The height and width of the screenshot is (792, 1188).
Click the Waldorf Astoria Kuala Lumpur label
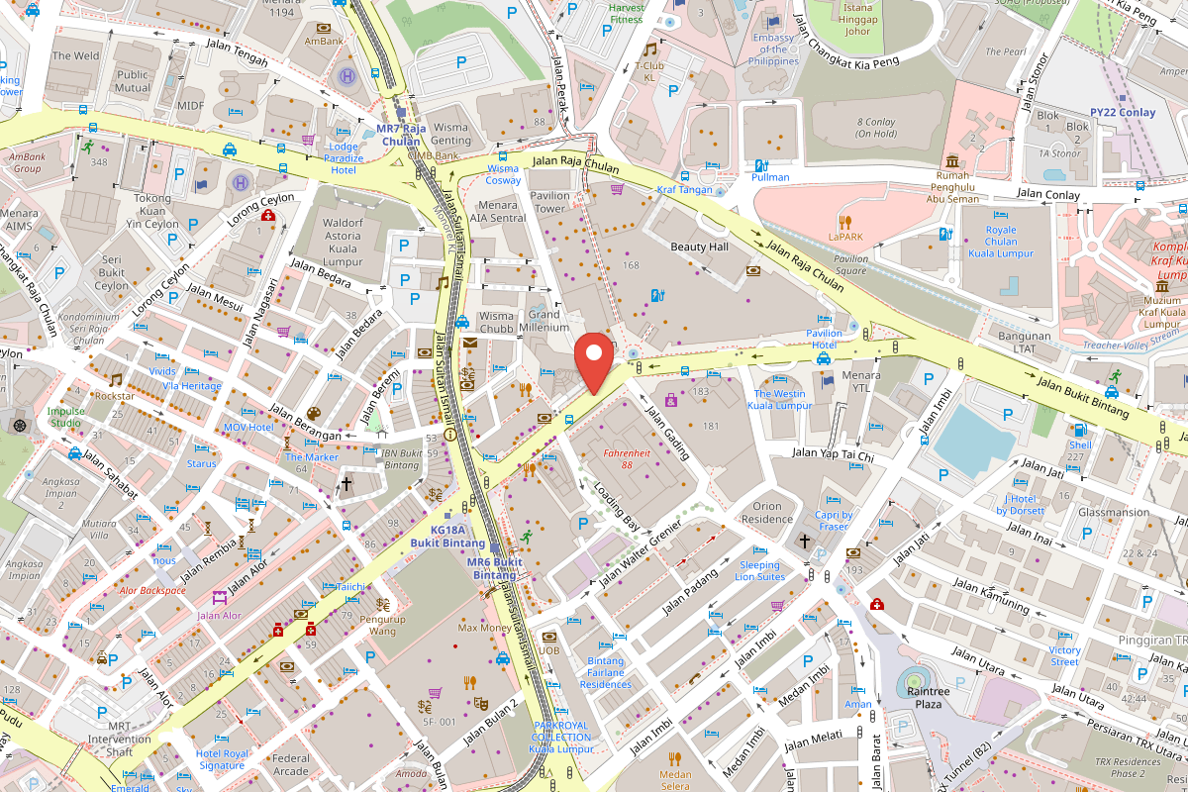(x=343, y=243)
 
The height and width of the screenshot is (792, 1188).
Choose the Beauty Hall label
(x=699, y=247)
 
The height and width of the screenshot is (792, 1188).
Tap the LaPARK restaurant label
(x=845, y=237)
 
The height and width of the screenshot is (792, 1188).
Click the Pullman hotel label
(x=770, y=177)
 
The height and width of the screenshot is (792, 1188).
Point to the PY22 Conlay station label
(x=1123, y=113)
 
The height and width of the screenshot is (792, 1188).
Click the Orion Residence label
(x=767, y=513)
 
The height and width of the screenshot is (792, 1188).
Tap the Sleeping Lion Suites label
(x=759, y=571)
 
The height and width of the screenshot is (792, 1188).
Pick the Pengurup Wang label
(x=382, y=625)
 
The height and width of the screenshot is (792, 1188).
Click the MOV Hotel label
(x=247, y=428)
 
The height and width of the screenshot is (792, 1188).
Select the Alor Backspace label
(x=152, y=591)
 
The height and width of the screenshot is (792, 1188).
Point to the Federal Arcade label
(x=291, y=765)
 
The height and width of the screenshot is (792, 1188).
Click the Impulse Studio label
(x=66, y=417)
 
